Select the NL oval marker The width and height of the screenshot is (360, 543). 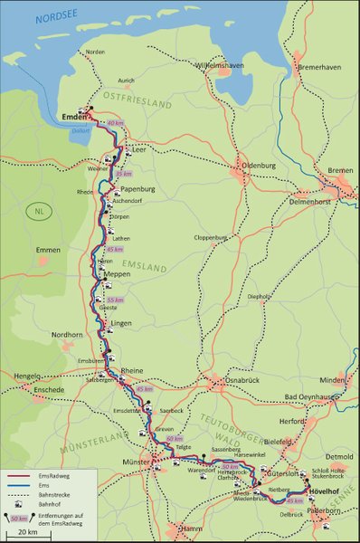click(x=39, y=211)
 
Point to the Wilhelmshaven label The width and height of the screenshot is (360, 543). click(x=223, y=66)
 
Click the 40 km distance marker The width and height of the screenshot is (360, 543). click(x=115, y=122)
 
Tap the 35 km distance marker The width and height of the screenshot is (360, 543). click(x=126, y=173)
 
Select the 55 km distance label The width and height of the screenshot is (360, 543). click(x=115, y=300)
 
